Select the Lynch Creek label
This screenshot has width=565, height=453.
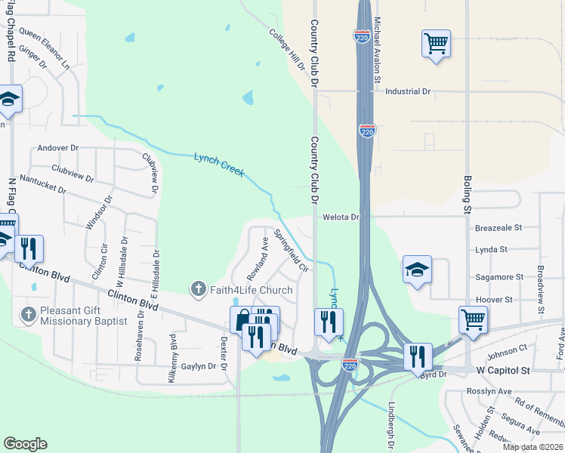point(219,165)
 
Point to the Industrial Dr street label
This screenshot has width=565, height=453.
point(407,91)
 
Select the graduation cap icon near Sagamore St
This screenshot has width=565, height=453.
point(417,270)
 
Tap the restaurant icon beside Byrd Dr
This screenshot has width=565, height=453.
point(418,356)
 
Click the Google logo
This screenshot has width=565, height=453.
point(25,444)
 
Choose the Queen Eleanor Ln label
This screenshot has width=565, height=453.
point(45,50)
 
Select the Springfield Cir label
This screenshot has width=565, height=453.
point(292,251)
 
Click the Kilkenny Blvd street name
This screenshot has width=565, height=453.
point(173,351)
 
